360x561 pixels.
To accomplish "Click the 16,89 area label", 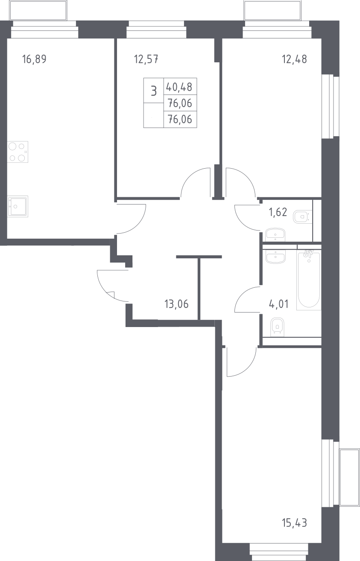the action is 34,59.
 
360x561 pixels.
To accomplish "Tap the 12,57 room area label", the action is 146,59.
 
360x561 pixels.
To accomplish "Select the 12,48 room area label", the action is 294,59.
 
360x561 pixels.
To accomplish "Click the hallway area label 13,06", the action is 176,304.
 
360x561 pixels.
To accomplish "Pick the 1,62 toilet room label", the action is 278,212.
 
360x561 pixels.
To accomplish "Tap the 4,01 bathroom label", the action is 278,304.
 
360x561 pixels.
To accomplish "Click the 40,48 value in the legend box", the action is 179,87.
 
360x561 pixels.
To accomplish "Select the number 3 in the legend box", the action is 154,91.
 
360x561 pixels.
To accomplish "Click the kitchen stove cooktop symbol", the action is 18,152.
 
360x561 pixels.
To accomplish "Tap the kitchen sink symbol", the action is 18,206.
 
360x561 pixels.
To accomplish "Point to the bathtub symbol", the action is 309,280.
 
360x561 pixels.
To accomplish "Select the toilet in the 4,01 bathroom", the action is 277,327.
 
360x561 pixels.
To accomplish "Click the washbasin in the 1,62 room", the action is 275,234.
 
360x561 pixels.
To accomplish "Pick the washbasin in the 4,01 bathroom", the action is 275,257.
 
